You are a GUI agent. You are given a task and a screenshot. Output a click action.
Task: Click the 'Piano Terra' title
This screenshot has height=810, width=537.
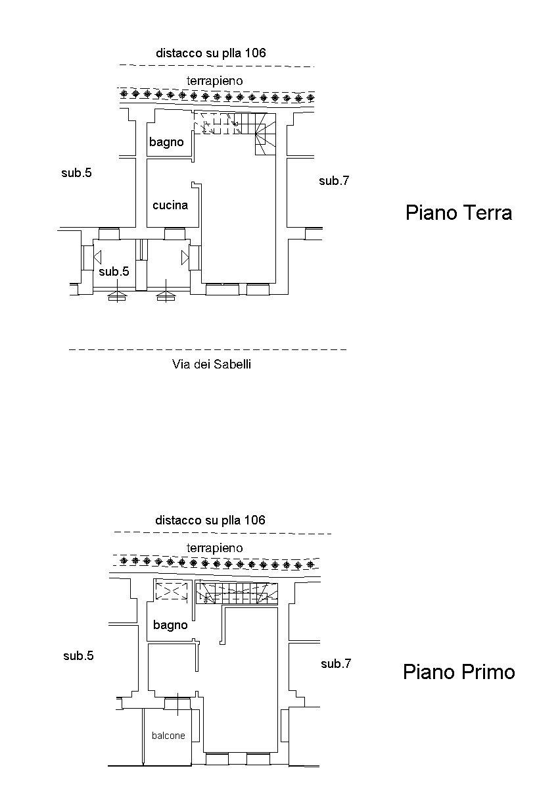[x=458, y=213]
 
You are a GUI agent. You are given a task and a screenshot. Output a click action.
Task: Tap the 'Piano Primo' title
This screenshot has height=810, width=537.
[x=458, y=672]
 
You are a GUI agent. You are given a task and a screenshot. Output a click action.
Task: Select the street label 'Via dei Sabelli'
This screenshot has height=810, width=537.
[x=211, y=364]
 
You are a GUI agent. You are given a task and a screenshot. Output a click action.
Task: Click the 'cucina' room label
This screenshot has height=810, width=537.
[x=170, y=205]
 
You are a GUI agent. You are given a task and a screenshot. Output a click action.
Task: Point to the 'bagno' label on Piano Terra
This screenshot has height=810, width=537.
[x=166, y=141]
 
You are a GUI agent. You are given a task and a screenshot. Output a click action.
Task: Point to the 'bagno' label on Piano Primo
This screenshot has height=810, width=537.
[x=170, y=624]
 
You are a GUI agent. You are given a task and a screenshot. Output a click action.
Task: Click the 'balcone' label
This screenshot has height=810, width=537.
[x=168, y=736]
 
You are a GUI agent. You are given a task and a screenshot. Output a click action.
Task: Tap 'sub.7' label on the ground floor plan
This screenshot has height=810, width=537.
[x=334, y=181]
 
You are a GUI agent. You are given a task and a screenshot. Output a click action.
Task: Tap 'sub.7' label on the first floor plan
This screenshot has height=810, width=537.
[x=336, y=664]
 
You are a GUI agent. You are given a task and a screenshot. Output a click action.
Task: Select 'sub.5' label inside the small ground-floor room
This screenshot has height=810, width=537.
[x=114, y=271]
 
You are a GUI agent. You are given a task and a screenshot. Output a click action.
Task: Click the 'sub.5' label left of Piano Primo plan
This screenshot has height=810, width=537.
[x=78, y=655]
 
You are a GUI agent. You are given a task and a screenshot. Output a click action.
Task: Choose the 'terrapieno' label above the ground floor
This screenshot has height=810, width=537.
[x=214, y=80]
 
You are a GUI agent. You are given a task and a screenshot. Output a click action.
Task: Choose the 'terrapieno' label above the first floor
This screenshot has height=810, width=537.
[x=214, y=547]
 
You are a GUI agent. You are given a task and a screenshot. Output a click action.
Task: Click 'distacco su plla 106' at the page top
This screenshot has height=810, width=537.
[x=210, y=53]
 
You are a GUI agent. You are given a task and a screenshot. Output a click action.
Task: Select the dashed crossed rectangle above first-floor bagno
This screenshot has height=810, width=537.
[x=171, y=591]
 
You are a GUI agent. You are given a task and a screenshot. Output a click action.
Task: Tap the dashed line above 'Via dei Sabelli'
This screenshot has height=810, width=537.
[x=208, y=349]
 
